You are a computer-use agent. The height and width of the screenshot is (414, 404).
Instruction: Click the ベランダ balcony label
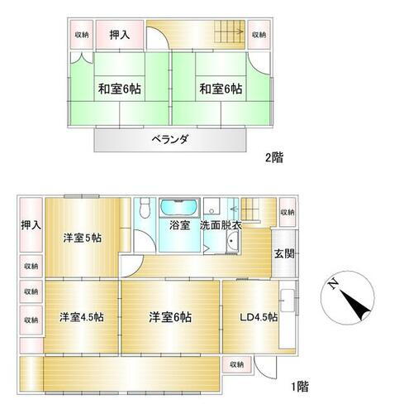[169, 140]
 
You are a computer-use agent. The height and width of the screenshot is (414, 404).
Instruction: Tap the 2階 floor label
[273, 156]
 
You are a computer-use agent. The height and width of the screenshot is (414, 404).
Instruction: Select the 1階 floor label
[299, 385]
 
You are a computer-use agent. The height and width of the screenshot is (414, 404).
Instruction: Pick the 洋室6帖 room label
[170, 316]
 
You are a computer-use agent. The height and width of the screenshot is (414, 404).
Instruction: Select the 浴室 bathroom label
[180, 224]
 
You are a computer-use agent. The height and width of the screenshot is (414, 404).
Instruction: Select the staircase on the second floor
[225, 34]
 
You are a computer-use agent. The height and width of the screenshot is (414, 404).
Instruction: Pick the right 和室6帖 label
[220, 89]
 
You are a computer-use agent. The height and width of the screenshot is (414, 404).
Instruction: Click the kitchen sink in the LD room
[287, 301]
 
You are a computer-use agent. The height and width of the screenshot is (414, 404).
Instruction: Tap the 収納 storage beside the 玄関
[287, 213]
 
